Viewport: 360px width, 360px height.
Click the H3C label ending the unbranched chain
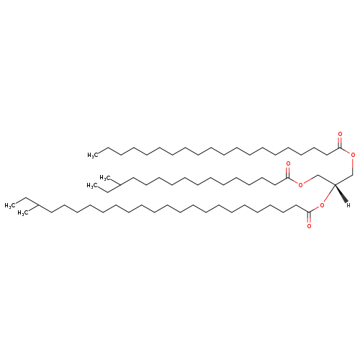[93, 156]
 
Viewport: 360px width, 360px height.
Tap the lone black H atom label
[348, 205]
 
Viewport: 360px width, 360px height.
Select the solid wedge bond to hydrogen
[341, 194]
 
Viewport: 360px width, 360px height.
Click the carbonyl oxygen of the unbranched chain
[340, 134]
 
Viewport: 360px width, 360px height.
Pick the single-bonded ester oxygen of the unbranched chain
[353, 155]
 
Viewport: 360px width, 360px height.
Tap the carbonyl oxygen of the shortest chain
[288, 163]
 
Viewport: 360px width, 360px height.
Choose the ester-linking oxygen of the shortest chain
[300, 184]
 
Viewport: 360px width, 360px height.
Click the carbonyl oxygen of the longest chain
[309, 226]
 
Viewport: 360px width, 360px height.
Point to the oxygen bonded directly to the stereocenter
[322, 205]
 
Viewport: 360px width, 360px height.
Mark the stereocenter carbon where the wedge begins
[335, 184]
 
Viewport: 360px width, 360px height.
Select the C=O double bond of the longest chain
[309, 217]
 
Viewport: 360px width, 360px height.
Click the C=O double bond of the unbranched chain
[340, 143]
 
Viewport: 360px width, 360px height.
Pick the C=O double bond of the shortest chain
[288, 172]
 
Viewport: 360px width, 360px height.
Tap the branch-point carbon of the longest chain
[38, 205]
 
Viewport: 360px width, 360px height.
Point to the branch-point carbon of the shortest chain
[120, 185]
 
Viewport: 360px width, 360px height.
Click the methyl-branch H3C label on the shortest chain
[105, 178]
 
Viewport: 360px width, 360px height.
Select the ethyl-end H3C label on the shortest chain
[92, 185]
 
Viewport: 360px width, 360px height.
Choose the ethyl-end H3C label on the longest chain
[10, 205]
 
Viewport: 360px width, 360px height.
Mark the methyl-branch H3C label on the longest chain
[23, 213]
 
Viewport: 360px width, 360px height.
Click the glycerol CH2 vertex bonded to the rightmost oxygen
[352, 175]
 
